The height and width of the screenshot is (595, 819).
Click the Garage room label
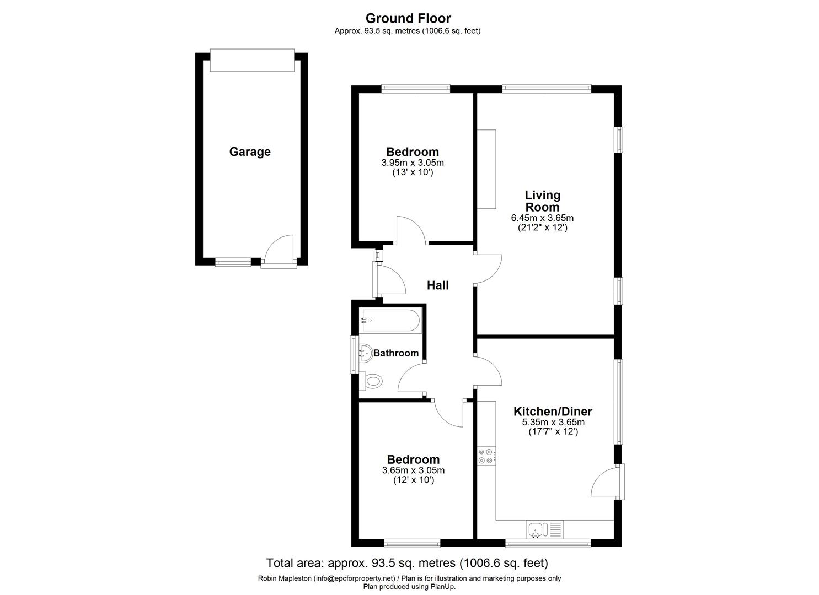point(250,152)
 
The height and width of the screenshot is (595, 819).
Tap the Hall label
point(438,285)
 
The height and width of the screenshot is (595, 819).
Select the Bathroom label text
point(396,353)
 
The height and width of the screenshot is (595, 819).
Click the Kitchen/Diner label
point(553,412)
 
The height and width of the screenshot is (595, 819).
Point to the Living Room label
point(542,201)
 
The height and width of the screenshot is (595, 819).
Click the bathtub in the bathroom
point(390,320)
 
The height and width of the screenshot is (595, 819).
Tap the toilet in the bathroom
point(373,381)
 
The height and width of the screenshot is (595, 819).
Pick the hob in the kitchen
point(486,456)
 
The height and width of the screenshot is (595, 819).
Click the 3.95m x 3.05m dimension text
point(413,163)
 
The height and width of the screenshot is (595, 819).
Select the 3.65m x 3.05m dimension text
point(413,470)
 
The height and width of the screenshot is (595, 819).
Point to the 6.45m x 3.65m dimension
point(542,218)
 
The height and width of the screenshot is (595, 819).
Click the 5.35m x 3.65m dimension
point(553,423)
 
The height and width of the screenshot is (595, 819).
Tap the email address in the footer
point(355,578)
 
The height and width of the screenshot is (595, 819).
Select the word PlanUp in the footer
point(441,586)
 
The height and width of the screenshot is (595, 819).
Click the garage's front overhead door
point(252,60)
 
